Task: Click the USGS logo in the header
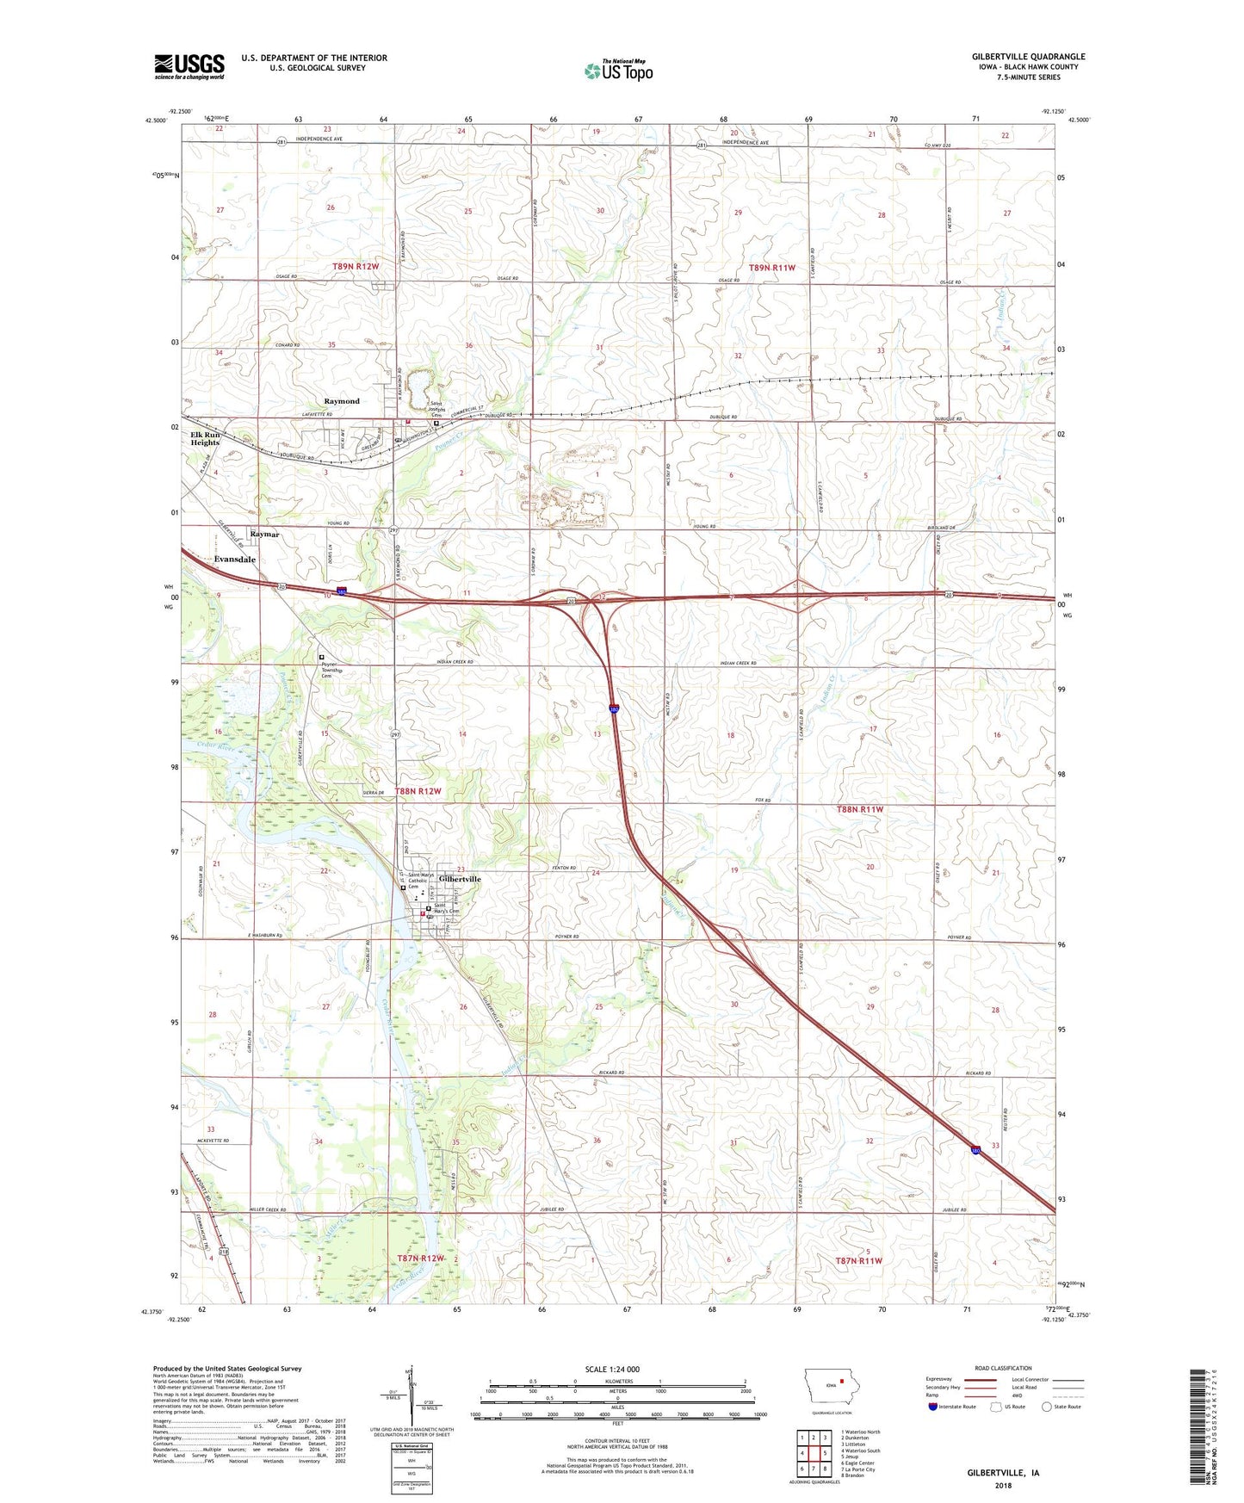[x=189, y=66]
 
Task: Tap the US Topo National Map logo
[x=618, y=70]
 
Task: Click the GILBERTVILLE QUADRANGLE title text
[x=1028, y=57]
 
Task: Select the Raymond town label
[x=342, y=401]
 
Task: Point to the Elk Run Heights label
[x=205, y=439]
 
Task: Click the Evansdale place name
[x=235, y=560]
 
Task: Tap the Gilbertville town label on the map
[x=460, y=879]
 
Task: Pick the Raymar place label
[x=264, y=535]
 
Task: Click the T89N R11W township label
[x=771, y=268]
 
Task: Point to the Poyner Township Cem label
[x=331, y=671]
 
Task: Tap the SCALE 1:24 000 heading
[x=612, y=1369]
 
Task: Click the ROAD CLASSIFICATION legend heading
[x=1003, y=1368]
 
